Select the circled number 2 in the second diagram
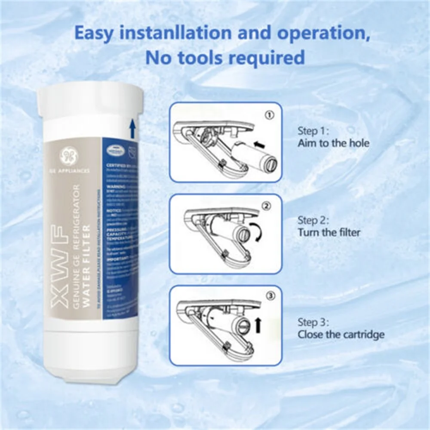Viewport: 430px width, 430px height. [x=267, y=207]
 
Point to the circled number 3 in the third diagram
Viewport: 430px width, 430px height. [x=269, y=296]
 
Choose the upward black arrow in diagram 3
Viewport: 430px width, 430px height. [x=258, y=325]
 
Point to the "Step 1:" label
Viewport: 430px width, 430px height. [x=313, y=131]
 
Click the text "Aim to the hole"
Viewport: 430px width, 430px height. [x=333, y=144]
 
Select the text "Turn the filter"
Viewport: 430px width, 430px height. [x=329, y=233]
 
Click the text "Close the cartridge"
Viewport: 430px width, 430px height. [x=341, y=335]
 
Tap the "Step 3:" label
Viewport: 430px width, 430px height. [x=314, y=322]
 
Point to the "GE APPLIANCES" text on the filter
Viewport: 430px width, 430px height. [x=72, y=171]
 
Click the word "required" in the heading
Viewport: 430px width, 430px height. [x=267, y=58]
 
